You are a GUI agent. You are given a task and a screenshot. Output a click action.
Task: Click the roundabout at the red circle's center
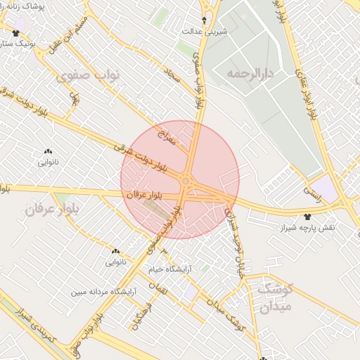185,182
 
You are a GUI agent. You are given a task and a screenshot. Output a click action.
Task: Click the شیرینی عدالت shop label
204,32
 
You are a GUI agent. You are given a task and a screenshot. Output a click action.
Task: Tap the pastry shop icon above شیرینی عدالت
205,20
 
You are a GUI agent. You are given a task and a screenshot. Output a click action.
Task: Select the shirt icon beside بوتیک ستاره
16,33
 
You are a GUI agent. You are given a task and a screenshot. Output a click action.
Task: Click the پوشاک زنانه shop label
39,6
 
